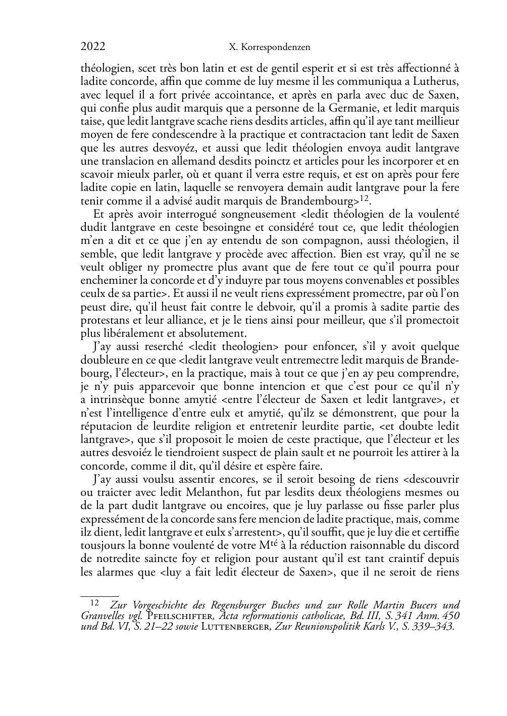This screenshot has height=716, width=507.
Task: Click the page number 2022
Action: pos(93,47)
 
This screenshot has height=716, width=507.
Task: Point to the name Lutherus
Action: pos(434,81)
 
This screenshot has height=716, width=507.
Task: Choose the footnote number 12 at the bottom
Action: pos(94,602)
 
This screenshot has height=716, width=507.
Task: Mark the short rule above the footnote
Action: pos(99,596)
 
